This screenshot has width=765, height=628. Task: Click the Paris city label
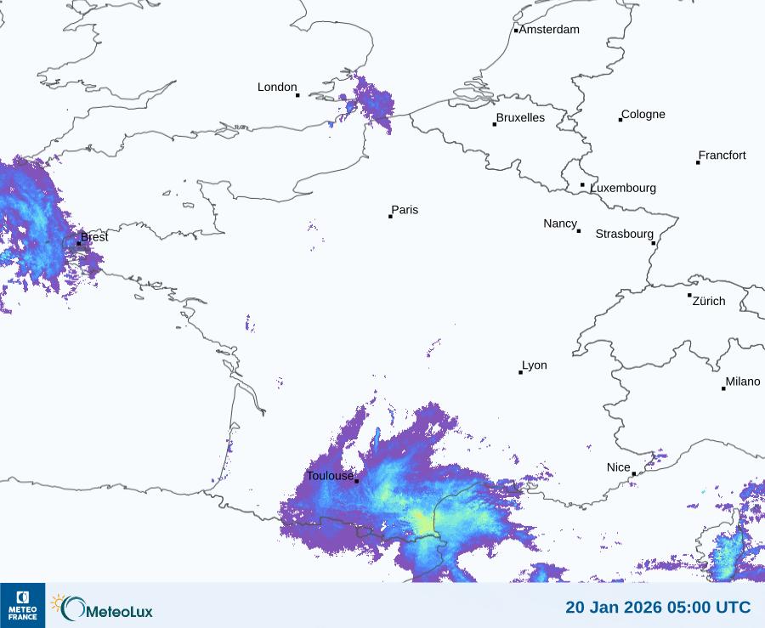[x=405, y=210]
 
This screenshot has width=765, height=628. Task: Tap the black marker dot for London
[x=297, y=95]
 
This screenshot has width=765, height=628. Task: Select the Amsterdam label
[x=549, y=30]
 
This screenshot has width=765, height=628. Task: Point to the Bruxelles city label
[x=520, y=118]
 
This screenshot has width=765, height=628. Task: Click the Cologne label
[x=643, y=115]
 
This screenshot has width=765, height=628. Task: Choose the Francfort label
[x=722, y=156]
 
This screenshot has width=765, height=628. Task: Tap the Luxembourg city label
[x=623, y=188]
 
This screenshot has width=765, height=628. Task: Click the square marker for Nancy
[x=579, y=231]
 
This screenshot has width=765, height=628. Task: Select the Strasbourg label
[x=624, y=234]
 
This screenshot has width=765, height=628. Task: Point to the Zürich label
[x=709, y=301]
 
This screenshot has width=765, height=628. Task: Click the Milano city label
[x=743, y=382]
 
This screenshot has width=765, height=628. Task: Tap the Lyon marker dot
[x=521, y=372]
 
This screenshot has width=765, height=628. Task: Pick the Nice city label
[x=618, y=467]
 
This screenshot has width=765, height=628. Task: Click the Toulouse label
[x=330, y=476]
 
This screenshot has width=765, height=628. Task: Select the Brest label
[x=94, y=237]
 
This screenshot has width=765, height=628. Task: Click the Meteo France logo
[x=22, y=605]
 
